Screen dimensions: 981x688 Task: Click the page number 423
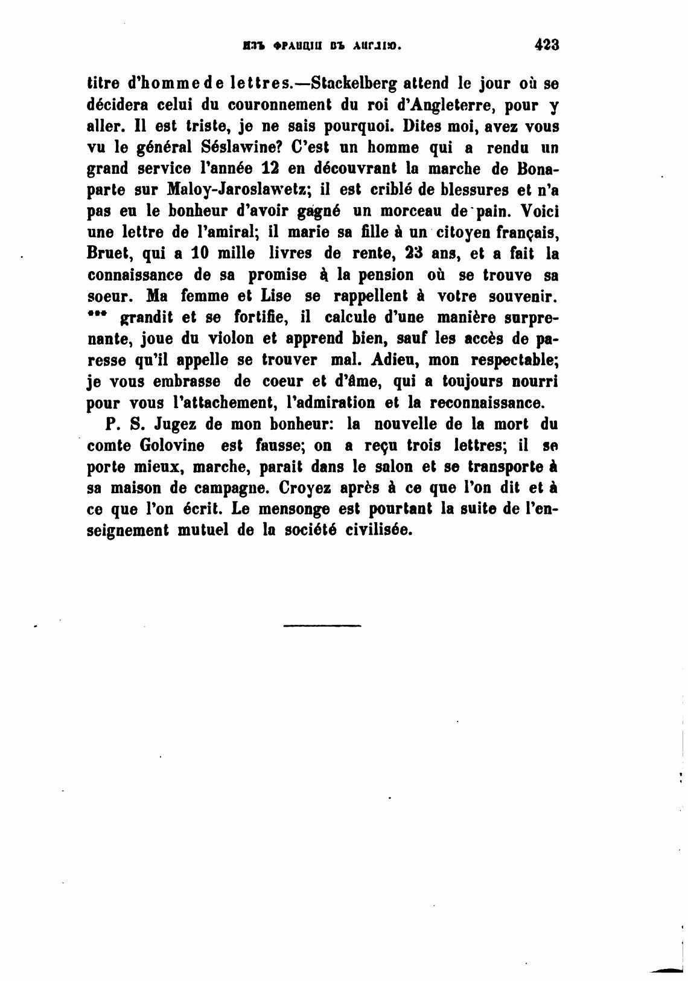[547, 45]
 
